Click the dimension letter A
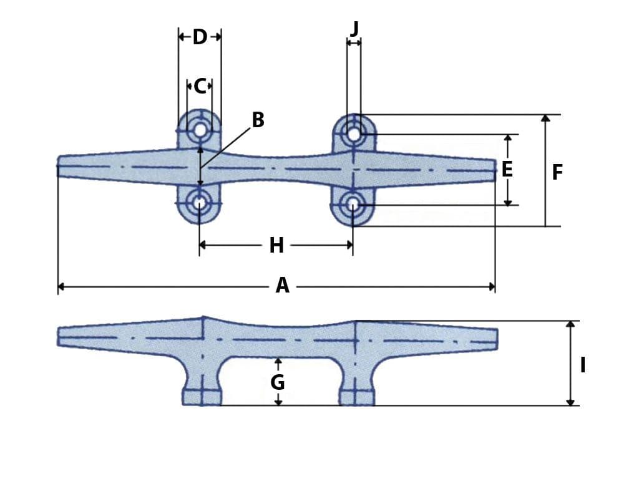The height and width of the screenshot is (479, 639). point(282,286)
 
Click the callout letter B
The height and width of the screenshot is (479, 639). point(258,120)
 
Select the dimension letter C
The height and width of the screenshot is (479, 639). point(200,86)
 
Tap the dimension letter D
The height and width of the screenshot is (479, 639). point(200,37)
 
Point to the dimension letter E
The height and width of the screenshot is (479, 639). point(507,170)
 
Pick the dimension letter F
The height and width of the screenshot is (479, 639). point(557,173)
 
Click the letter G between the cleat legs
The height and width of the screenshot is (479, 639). point(278,382)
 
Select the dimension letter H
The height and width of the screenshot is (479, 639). point(276,246)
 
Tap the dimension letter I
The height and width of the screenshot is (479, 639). point(582,365)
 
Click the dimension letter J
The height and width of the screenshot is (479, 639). point(354,28)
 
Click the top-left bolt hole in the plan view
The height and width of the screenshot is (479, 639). point(200,130)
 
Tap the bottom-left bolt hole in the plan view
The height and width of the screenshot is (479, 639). point(199,203)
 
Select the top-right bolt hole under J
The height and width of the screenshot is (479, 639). point(354,133)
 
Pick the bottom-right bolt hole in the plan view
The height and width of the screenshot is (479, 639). point(353,203)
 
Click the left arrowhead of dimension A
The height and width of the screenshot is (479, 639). point(61,287)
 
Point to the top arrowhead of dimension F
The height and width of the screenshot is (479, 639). point(545,118)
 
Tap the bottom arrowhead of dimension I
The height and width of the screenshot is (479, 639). point(570,402)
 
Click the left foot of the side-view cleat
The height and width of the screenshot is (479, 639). point(202,397)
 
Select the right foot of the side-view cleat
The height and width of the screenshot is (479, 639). point(357,397)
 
